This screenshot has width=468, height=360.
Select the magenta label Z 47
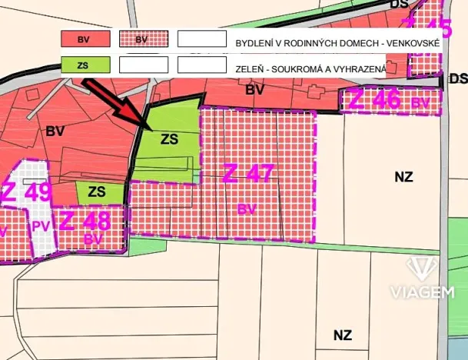coord(248,174)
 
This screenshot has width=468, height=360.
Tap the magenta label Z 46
coord(376,100)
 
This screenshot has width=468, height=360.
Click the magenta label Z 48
coord(85,222)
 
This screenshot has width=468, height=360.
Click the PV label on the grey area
coord(40,225)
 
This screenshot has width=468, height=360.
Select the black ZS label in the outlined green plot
coord(169,139)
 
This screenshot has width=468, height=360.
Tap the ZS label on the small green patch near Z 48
coord(96,191)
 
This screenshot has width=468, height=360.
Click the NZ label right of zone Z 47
coord(403,177)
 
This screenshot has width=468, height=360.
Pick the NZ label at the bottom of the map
coord(343,335)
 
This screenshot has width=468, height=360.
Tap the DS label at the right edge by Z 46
coord(458,78)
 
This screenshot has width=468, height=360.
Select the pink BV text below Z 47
coord(247,208)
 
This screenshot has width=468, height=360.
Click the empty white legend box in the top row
coord(201,38)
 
